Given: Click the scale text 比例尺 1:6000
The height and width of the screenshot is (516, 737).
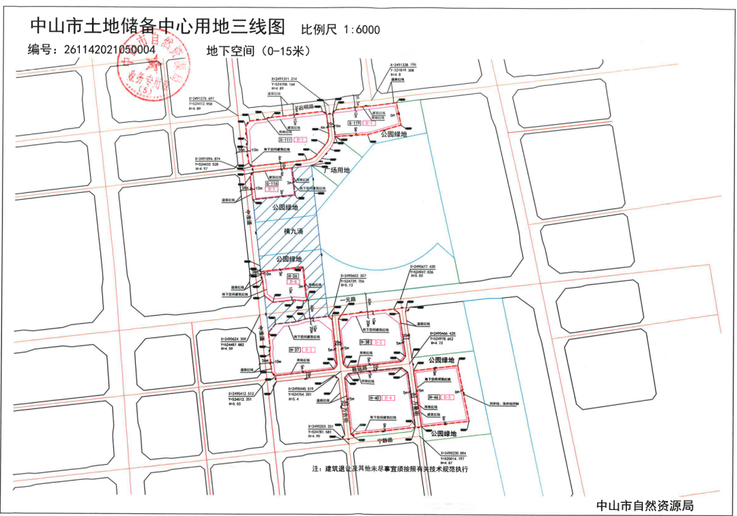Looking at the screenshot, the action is coord(340,29).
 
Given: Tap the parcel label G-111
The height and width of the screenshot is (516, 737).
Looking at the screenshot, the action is coord(275,140).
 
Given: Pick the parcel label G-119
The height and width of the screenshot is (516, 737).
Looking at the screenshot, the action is coord(353,123).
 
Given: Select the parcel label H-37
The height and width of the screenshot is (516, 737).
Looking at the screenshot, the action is coord(294,350).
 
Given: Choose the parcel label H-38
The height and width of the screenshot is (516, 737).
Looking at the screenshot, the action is coord(366,342).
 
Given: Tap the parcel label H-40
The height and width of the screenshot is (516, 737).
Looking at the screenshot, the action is coord(374,398).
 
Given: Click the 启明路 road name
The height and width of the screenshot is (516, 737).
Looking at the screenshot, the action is coord(303,108).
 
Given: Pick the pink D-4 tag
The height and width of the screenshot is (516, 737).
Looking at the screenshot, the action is coord(390,398).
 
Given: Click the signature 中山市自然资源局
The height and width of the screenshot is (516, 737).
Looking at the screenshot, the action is coord(645,505).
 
